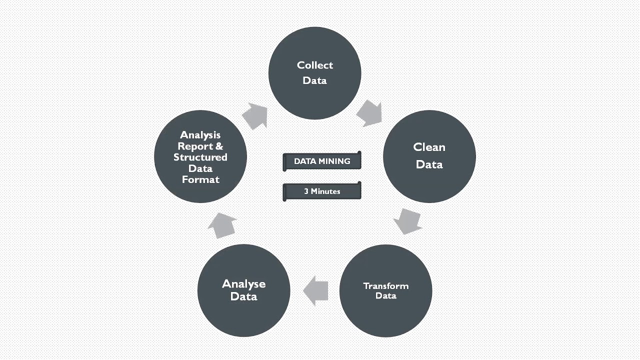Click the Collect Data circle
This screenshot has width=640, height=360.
coord(314,73)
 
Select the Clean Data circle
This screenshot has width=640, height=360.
coord(429,156)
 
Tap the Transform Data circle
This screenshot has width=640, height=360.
coord(385,290)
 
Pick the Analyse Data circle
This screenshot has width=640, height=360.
coord(243,290)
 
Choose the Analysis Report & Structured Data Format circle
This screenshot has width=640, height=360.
coord(200,156)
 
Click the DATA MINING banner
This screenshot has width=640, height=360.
coord(322,161)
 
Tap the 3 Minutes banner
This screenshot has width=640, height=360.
coord(322,191)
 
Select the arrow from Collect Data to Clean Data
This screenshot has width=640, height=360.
coord(370,113)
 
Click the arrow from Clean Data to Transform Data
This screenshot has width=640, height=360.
coord(407,221)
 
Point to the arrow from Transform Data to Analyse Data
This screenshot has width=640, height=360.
coord(316,290)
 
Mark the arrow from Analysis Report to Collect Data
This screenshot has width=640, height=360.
coord(255,115)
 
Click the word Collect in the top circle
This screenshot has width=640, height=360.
coord(314,65)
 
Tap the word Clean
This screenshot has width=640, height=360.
coord(429,147)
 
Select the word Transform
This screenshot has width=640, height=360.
coord(385,286)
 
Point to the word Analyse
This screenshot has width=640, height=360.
coord(243,284)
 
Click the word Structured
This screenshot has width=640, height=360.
coord(200,157)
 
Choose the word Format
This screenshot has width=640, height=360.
coord(200,179)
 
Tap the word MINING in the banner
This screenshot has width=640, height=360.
coord(335,161)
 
